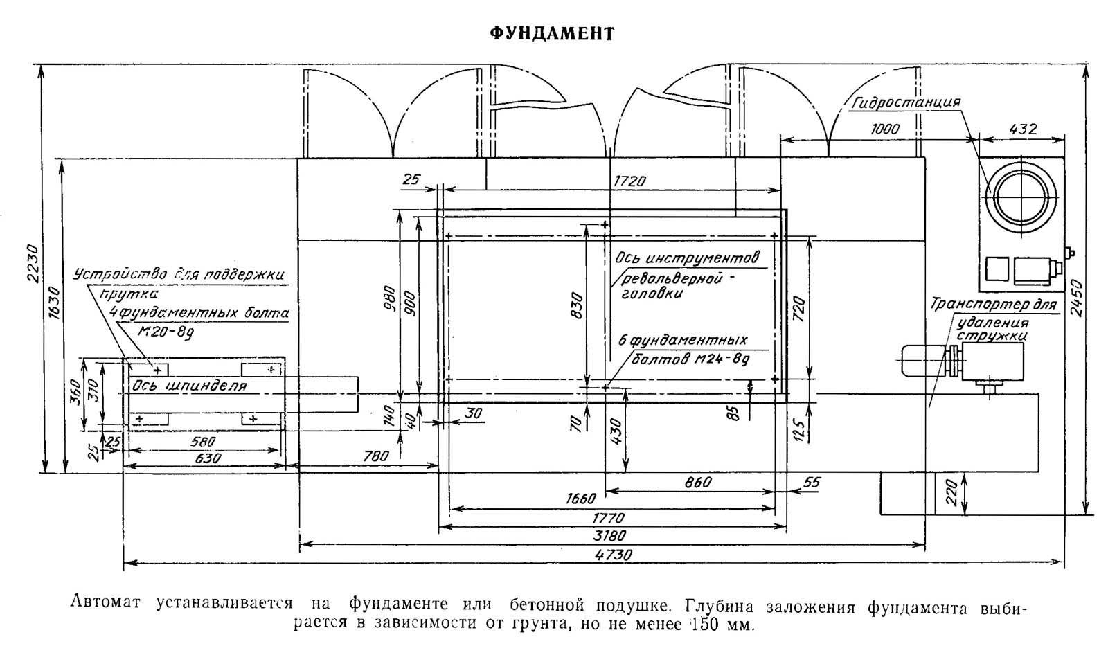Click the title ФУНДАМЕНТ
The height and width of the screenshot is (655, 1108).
(552, 34)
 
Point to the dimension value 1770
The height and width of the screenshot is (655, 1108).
(607, 517)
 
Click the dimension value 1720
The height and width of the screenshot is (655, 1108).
(629, 181)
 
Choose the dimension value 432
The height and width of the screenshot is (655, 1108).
(1024, 129)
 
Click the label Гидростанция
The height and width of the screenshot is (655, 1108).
(906, 102)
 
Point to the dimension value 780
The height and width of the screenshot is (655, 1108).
(375, 456)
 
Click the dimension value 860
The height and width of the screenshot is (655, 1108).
(697, 483)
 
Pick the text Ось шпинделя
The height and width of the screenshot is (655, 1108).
(189, 385)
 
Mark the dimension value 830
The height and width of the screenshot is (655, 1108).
(578, 305)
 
